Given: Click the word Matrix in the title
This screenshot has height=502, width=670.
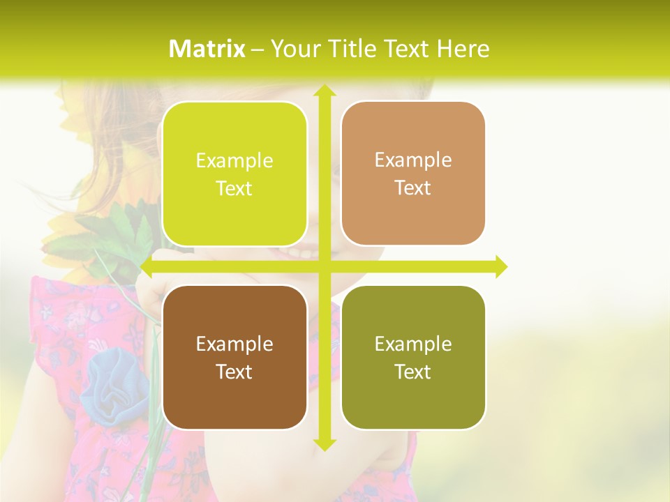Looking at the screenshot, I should click(x=207, y=49).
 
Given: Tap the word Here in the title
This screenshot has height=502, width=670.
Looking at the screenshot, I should click(x=462, y=49).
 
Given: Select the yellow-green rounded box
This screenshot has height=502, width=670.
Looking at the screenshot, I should click(x=234, y=174).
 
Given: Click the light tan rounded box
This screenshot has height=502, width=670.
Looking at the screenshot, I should click(x=413, y=174).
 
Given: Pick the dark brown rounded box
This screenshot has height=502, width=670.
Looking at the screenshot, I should click(x=234, y=357).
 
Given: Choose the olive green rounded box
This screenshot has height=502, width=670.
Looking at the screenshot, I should click(x=413, y=357).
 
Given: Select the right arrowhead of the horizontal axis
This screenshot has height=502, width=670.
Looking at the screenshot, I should click(x=501, y=267).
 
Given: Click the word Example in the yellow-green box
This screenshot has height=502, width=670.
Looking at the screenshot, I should click(x=234, y=160).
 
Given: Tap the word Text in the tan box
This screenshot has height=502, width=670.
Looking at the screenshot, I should click(x=413, y=188).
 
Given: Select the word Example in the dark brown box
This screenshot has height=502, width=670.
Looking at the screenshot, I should click(x=234, y=344).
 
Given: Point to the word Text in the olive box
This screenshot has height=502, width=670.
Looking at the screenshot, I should click(x=413, y=372).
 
